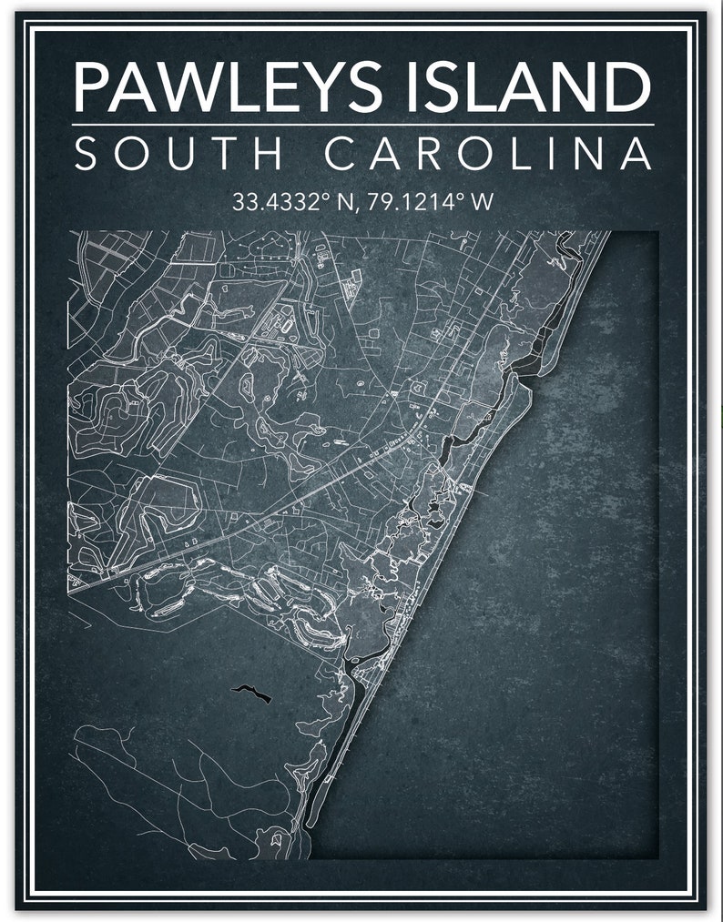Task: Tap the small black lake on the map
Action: pos(250,694)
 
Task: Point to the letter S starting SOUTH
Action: pos(85,154)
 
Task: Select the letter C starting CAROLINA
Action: pos(341,154)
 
